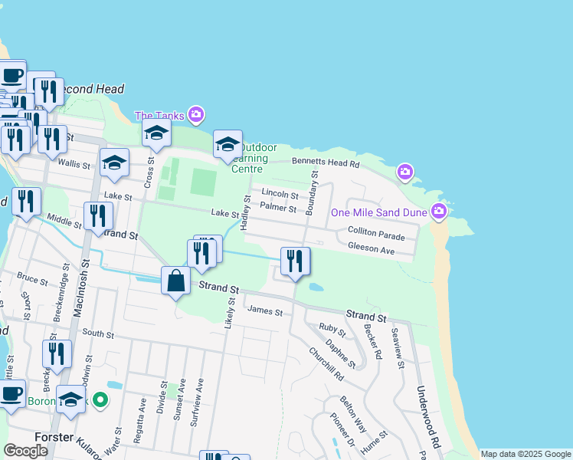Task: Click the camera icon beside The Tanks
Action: coord(196,115)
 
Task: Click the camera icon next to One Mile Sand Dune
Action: coord(439,210)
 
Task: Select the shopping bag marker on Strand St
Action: coord(176,281)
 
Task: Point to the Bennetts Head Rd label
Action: coord(326,163)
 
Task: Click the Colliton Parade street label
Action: coord(375,230)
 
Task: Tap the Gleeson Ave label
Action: coord(371,249)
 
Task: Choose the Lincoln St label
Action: coord(280,193)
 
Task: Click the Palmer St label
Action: coord(278,207)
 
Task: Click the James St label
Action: coord(265,312)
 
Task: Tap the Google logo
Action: coord(25,451)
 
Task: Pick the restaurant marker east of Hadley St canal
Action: coord(295,262)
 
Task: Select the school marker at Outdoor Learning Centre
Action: coord(228,144)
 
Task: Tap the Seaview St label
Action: coord(397,347)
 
